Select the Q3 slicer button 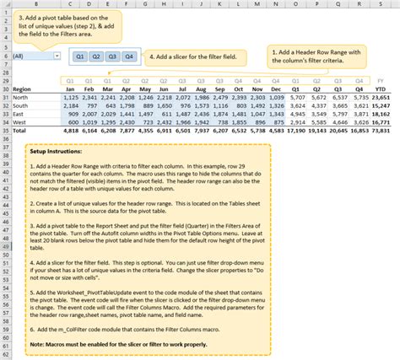click(112, 56)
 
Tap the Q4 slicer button click(128, 56)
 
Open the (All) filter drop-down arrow click(57, 56)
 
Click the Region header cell click(22, 89)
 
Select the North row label click(21, 98)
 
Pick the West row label click(20, 122)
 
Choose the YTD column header click(381, 89)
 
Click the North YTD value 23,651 click(381, 98)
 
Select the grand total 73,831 click(381, 132)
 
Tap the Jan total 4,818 click(70, 132)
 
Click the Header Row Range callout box click(317, 56)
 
